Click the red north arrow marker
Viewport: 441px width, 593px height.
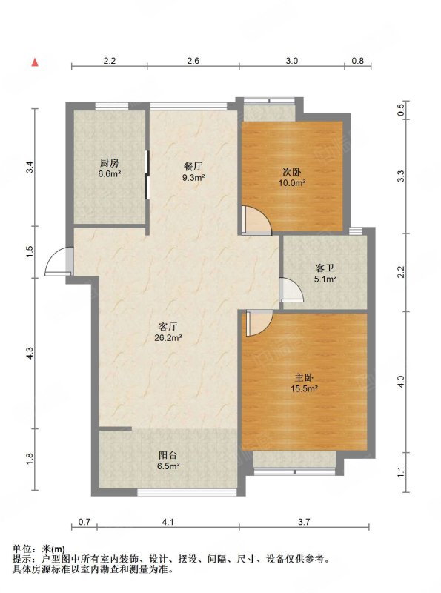click(35, 62)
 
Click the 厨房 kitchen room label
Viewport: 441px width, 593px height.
click(109, 163)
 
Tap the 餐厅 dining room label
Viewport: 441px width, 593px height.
click(193, 166)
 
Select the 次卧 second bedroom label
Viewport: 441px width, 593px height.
click(292, 173)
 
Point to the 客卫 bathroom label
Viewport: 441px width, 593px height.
click(325, 268)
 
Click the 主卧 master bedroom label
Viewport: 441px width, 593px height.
click(304, 377)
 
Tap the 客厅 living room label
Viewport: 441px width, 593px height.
click(168, 327)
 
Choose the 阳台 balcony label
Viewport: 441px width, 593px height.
click(168, 455)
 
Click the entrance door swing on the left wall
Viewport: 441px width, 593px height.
click(57, 261)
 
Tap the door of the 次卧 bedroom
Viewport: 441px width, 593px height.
click(256, 220)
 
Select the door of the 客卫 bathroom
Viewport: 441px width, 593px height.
click(291, 290)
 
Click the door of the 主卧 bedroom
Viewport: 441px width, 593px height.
click(259, 323)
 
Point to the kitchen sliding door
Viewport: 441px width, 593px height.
click(147, 174)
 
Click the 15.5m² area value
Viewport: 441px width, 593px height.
click(304, 388)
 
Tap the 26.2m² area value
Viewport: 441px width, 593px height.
click(168, 338)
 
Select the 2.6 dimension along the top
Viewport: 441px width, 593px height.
click(193, 61)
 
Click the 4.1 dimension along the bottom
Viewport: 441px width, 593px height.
click(168, 522)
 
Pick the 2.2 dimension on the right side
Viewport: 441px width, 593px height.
click(401, 272)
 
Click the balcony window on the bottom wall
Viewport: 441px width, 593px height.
click(187, 492)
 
